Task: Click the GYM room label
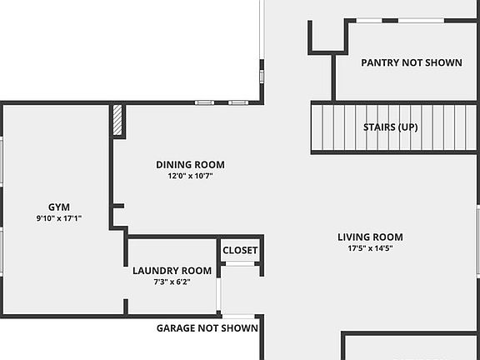point(58,206)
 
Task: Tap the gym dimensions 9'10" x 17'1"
point(58,217)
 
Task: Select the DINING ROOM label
point(190,164)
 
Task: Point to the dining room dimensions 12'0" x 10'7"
point(190,176)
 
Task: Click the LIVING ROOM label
point(370,237)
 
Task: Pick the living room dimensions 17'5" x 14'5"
point(370,248)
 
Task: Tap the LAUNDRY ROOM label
point(172,270)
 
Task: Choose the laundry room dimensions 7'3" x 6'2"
point(172,282)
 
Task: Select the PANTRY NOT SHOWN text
point(411,62)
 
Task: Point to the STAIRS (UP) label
point(391,127)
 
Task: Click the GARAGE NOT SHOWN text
point(207,328)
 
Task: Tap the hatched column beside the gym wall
point(118,120)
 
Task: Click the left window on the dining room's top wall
point(204,102)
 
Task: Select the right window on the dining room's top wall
point(238,102)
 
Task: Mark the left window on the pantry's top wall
point(369,20)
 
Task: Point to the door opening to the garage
point(239,316)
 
